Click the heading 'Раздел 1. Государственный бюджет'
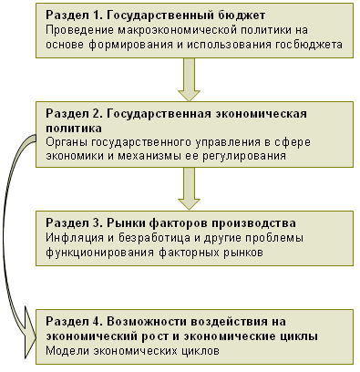pos(156,15)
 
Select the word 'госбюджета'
pos(309,45)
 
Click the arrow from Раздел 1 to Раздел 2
pos(189,79)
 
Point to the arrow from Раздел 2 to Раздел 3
pos(189,189)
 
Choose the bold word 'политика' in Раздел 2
pos(74,129)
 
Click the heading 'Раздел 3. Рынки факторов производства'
pos(170,223)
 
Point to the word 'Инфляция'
pos(75,238)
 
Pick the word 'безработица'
pos(154,237)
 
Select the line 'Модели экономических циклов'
pos(132,351)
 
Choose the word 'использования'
pos(229,45)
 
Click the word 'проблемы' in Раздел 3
pos(277,238)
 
